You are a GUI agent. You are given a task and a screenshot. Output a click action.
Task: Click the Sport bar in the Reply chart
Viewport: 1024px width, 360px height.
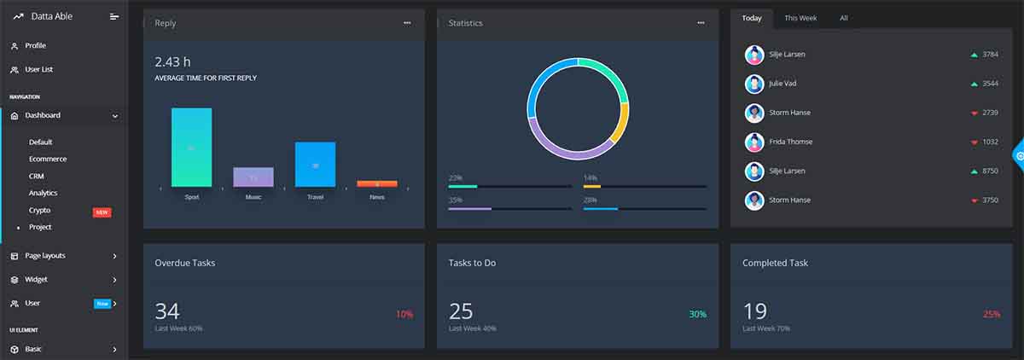[x=191, y=147]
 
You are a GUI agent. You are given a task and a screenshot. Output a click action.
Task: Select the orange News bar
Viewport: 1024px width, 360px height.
[x=376, y=183]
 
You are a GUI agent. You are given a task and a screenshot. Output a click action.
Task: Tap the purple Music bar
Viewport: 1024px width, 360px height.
[x=253, y=177]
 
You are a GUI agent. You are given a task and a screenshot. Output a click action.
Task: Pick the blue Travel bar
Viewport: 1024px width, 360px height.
[x=315, y=164]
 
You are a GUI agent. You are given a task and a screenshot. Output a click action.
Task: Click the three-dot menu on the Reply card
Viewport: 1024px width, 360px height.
[x=407, y=23]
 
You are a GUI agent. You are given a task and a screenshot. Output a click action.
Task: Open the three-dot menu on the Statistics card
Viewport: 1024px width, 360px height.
[x=701, y=23]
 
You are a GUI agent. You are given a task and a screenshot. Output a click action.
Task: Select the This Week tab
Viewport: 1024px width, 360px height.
[x=800, y=18]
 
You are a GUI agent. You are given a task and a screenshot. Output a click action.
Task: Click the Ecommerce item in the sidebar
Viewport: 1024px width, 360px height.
[x=48, y=159]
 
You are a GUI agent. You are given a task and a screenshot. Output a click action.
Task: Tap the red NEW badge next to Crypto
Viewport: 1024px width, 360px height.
[x=102, y=212]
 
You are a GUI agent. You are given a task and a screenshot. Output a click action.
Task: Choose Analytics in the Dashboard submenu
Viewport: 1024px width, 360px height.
[x=44, y=193]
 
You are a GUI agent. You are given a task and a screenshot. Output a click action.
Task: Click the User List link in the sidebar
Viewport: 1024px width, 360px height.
[x=39, y=69]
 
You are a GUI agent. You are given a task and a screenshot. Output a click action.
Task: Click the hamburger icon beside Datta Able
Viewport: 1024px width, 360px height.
[x=114, y=16]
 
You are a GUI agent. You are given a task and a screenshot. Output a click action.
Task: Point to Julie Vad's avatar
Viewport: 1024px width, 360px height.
[x=753, y=84]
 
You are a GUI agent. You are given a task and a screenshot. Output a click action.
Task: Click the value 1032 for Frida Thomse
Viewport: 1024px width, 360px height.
[x=990, y=142]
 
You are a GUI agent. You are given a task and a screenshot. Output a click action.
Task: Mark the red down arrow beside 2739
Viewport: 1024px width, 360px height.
[x=974, y=113]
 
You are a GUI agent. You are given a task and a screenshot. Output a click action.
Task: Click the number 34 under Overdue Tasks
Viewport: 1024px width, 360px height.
[x=167, y=311]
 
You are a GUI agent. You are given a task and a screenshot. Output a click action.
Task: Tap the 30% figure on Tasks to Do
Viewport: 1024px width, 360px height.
[x=697, y=314]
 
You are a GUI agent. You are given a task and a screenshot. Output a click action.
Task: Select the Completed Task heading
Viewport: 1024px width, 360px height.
[x=776, y=263]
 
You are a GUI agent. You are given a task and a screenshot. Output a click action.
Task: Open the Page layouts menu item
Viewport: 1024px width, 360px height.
[x=44, y=255]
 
